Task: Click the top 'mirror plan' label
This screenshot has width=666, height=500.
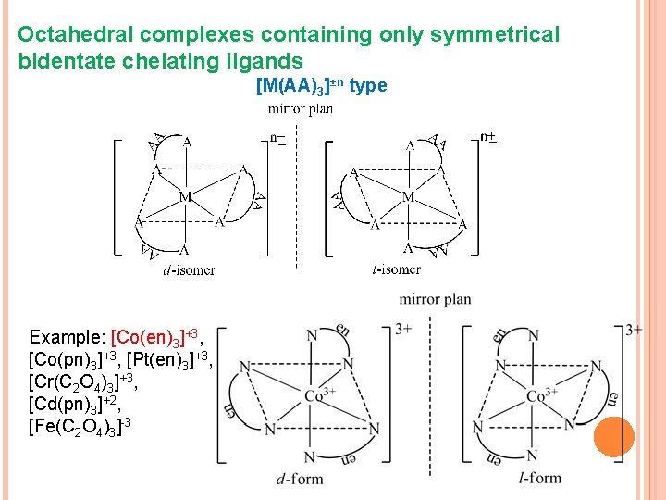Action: tap(301, 108)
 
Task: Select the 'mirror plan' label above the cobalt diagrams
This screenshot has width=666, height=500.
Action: tap(435, 299)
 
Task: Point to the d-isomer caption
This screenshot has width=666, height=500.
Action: tap(189, 270)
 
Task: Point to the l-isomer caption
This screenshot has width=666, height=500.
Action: tap(396, 269)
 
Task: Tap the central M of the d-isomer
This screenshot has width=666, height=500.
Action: tap(186, 196)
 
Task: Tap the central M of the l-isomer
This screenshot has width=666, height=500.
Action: tap(408, 196)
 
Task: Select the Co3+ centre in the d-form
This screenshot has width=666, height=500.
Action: tap(320, 396)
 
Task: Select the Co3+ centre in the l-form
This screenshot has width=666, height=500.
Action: tap(541, 396)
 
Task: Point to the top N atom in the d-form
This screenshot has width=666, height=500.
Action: tap(312, 335)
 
